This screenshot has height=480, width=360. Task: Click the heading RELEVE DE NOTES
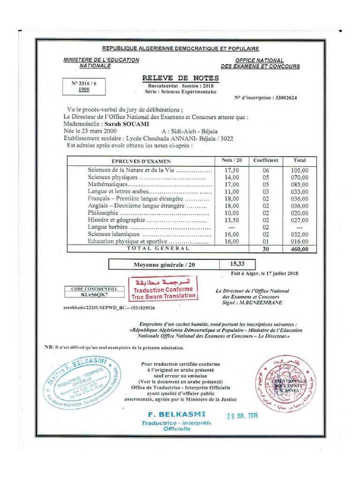tap(180, 78)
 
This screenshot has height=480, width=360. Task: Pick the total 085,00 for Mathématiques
tap(299, 185)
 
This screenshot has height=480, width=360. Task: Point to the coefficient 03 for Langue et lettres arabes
tap(266, 192)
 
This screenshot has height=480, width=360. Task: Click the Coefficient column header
tap(266, 160)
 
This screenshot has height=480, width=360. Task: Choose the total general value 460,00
tap(299, 249)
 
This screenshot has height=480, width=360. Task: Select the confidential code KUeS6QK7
tap(94, 295)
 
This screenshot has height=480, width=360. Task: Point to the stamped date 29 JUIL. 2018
tap(242, 415)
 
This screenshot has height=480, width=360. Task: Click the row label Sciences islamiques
tap(114, 234)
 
